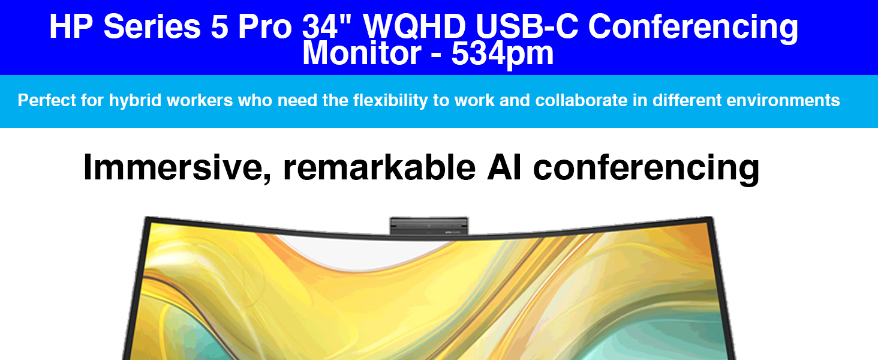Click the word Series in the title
tap(152, 26)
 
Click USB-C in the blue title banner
tap(527, 26)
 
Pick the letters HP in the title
tap(71, 26)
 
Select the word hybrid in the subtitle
tap(135, 101)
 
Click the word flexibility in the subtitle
tap(390, 101)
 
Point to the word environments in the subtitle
tap(783, 100)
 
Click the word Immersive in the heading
tap(177, 168)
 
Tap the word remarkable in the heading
tap(379, 167)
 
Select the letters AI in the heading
tap(504, 167)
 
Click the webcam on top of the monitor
tap(429, 226)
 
